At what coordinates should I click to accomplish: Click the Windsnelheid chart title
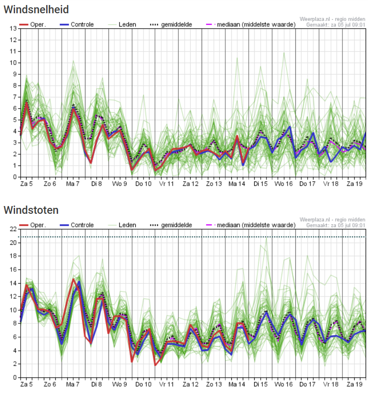point(37,9)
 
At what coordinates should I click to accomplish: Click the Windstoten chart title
point(31,210)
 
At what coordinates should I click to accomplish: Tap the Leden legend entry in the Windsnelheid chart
point(127,24)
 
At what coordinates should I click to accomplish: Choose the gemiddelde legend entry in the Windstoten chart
point(176,225)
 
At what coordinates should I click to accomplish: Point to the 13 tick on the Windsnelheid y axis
point(13,29)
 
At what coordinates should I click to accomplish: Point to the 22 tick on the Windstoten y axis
point(13,229)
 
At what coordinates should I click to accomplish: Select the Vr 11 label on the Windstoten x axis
point(167,385)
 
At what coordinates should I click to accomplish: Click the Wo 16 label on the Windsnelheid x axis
point(283,184)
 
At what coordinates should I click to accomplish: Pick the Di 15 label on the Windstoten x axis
point(261,385)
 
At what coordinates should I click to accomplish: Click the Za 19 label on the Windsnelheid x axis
point(354,184)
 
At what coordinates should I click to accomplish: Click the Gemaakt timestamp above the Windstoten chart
point(335,225)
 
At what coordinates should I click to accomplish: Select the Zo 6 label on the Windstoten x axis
point(49,385)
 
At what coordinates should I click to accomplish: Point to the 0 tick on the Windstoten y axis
point(15,378)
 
